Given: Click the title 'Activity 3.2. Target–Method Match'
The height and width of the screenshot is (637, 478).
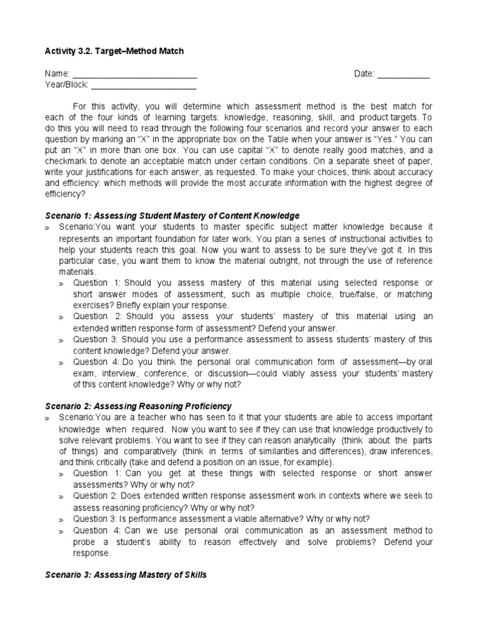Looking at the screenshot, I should tap(114, 52).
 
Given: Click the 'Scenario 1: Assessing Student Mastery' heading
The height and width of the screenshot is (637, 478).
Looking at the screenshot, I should tap(172, 216).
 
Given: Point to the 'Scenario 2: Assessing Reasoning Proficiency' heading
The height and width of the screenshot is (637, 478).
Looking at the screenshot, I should tap(138, 406).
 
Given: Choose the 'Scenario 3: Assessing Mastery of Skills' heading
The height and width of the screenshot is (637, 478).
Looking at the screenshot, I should tap(126, 575).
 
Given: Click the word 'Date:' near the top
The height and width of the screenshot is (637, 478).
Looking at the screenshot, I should tap(364, 74).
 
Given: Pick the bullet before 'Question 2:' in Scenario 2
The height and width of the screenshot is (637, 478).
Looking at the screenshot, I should tap(62, 497).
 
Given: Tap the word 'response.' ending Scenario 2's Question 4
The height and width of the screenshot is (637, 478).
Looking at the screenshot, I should tap(92, 553).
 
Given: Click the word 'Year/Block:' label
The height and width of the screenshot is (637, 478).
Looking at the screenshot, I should tap(67, 85).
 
